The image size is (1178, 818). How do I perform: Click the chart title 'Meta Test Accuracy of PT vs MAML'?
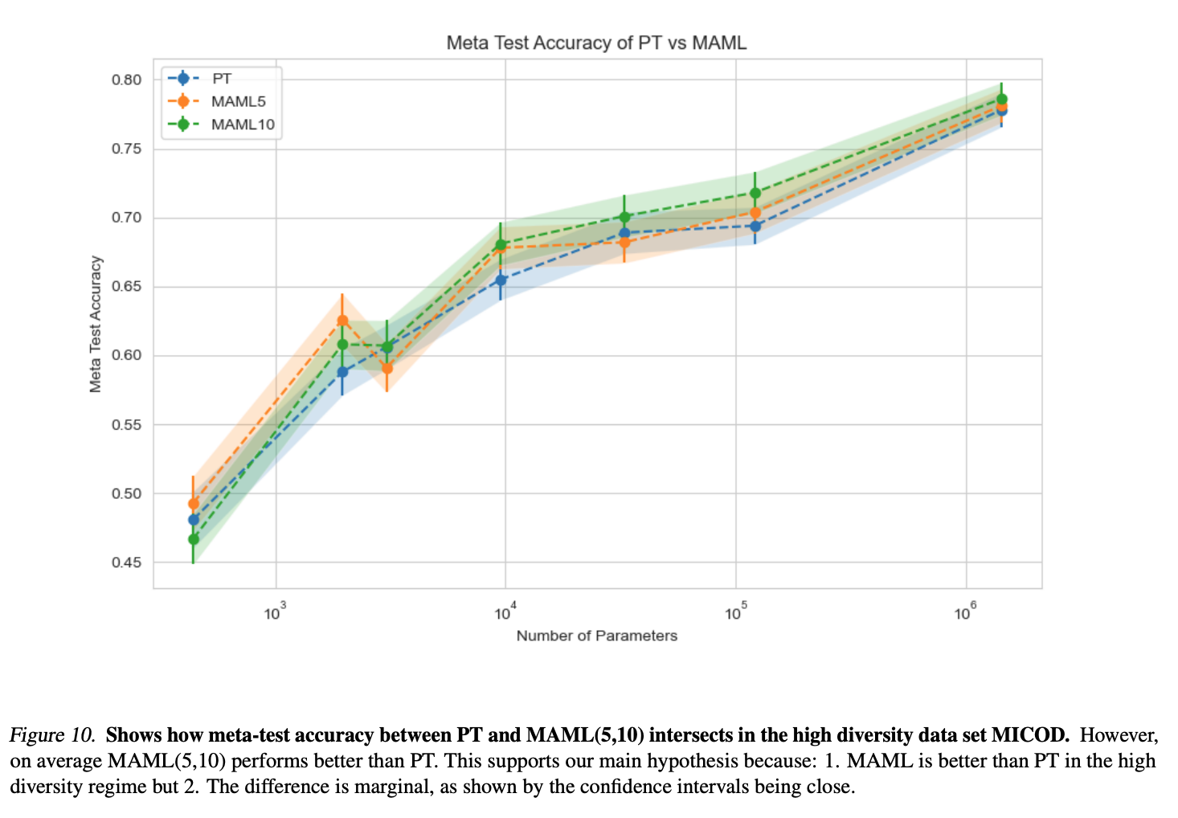pos(596,43)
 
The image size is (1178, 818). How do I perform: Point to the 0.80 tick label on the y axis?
pos(126,80)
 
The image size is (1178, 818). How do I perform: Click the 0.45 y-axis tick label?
pos(126,562)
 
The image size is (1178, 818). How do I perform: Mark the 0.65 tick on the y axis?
pos(126,287)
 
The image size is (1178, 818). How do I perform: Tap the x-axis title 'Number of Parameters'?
pos(596,636)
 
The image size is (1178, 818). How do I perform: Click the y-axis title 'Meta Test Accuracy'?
pos(96,324)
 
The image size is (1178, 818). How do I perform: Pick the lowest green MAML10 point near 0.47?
pos(194,539)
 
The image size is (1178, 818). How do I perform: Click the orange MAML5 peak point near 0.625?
pos(342,321)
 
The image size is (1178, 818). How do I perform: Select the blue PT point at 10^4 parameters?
pos(501,280)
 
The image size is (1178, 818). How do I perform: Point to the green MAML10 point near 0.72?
pos(755,193)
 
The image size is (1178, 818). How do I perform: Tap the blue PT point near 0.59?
pos(342,372)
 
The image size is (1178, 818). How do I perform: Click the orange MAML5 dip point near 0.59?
pos(387,369)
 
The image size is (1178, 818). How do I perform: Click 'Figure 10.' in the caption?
pos(52,734)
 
